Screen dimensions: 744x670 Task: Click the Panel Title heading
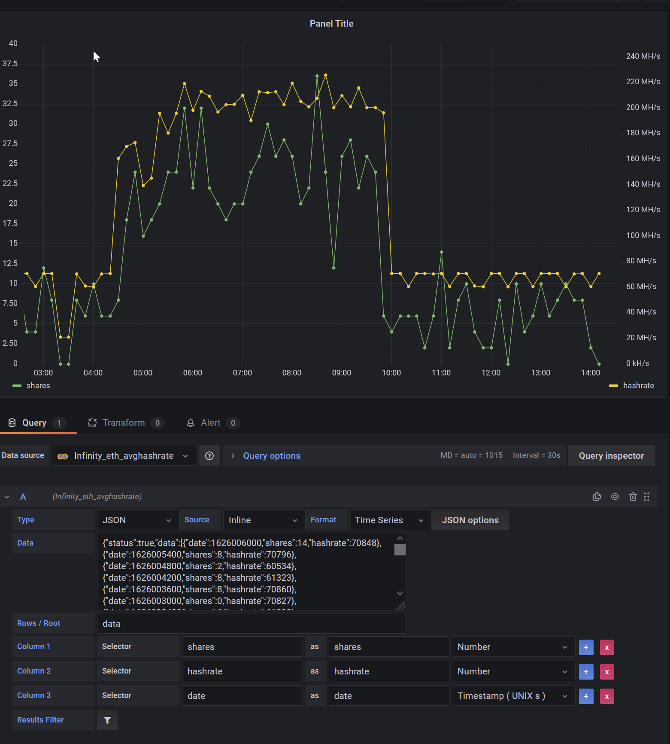tap(331, 24)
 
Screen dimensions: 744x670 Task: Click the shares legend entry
tap(38, 386)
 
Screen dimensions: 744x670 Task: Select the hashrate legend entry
tap(638, 386)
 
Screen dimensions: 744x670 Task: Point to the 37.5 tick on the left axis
tap(10, 64)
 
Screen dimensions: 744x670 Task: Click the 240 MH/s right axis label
tap(643, 56)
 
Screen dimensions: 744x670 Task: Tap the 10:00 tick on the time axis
tap(391, 373)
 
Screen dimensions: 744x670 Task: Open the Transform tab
tap(124, 423)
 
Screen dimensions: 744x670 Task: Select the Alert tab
tap(210, 423)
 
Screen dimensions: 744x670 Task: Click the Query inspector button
tap(611, 456)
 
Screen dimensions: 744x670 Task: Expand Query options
tap(271, 456)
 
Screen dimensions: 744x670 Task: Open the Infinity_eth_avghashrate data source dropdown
tap(124, 456)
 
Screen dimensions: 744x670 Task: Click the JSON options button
tap(470, 520)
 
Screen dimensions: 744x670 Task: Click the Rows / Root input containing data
tap(251, 624)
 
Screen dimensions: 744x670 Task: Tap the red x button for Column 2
tap(606, 672)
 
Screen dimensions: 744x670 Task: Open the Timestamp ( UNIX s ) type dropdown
tap(513, 696)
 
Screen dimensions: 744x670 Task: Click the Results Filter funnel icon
tap(107, 720)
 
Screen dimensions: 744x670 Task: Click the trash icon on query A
tap(633, 497)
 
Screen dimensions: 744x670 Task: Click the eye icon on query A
tap(615, 497)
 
